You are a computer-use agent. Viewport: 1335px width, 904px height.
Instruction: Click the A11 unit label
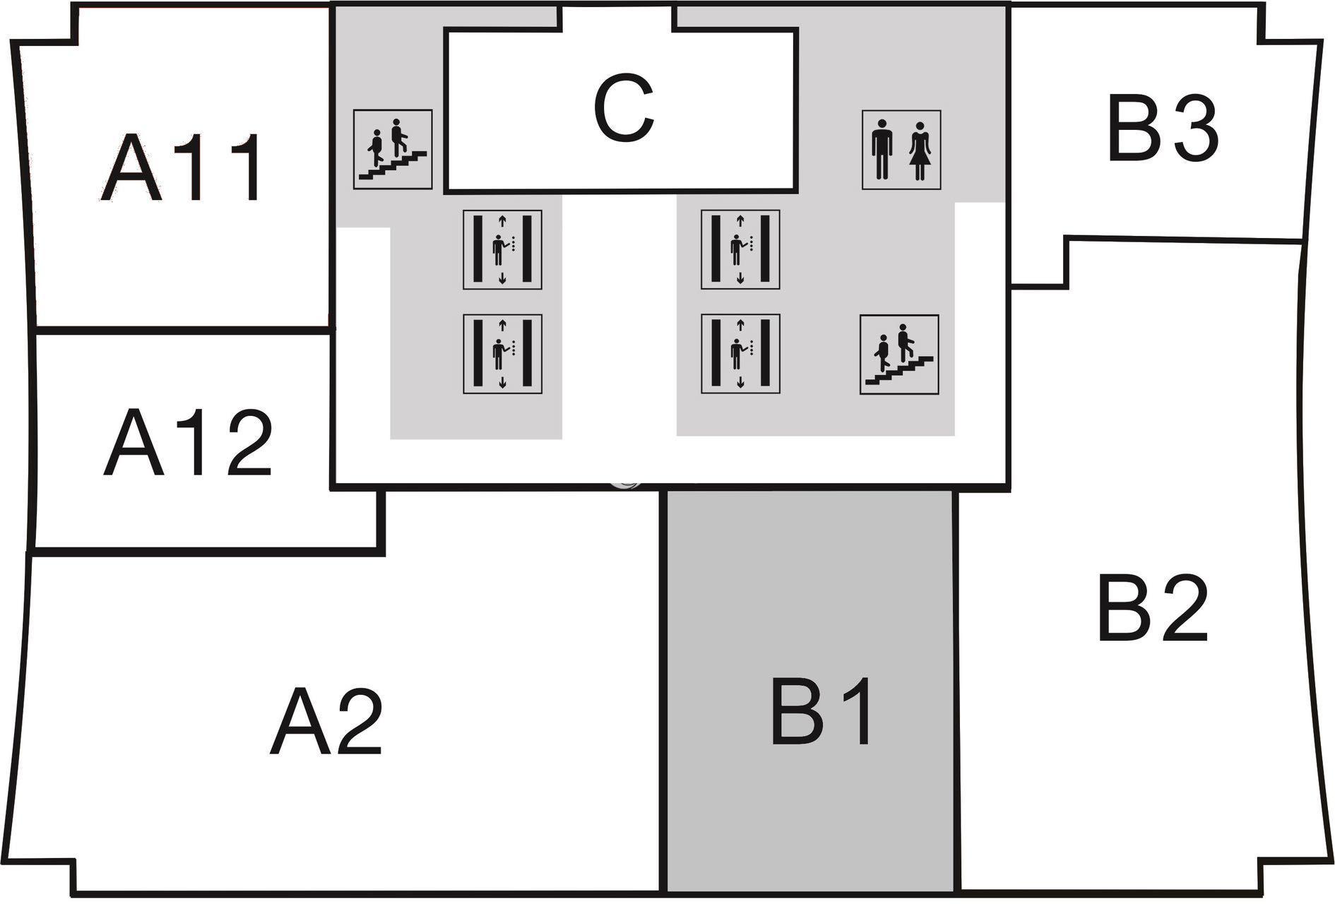(x=182, y=168)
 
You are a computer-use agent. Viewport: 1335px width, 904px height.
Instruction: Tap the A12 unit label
(x=187, y=443)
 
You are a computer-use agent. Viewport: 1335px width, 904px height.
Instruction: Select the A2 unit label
(x=326, y=722)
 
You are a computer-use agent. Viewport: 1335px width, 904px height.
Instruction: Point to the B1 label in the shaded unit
(x=821, y=711)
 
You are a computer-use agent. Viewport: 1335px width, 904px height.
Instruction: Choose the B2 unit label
(x=1151, y=609)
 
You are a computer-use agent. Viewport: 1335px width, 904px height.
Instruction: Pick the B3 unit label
(x=1163, y=129)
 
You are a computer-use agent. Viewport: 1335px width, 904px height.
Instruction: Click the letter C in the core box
(x=623, y=109)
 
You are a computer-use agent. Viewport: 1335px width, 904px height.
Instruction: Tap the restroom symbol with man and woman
(x=901, y=150)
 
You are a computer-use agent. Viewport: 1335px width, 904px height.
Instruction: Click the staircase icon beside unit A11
(x=393, y=149)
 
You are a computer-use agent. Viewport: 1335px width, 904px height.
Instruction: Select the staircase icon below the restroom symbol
(x=898, y=354)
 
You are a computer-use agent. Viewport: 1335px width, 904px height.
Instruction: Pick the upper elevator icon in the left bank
(x=502, y=249)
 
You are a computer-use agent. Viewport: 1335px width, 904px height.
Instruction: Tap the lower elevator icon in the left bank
(x=502, y=353)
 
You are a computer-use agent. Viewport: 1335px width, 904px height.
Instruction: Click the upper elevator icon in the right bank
(x=740, y=249)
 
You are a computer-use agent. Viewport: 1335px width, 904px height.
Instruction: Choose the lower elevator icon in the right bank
(x=740, y=353)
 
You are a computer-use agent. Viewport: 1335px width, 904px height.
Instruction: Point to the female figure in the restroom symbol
(x=920, y=150)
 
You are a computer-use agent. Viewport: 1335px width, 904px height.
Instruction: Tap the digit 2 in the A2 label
(x=357, y=722)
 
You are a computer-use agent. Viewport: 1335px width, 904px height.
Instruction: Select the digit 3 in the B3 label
(x=1194, y=129)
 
